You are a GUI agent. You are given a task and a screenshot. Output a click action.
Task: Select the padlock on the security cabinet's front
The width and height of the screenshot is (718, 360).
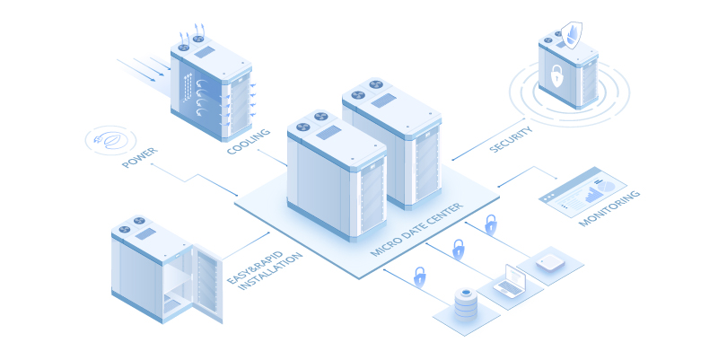[x=556, y=76]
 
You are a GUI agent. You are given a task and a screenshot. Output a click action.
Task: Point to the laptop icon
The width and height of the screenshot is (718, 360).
[x=511, y=281]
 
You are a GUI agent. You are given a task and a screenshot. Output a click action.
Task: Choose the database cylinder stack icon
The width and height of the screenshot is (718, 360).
[x=465, y=304]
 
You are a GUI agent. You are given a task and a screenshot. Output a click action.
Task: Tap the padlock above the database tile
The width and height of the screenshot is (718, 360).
[x=419, y=276]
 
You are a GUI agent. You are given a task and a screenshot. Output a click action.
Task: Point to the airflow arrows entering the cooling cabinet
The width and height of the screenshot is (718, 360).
[x=143, y=68]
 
